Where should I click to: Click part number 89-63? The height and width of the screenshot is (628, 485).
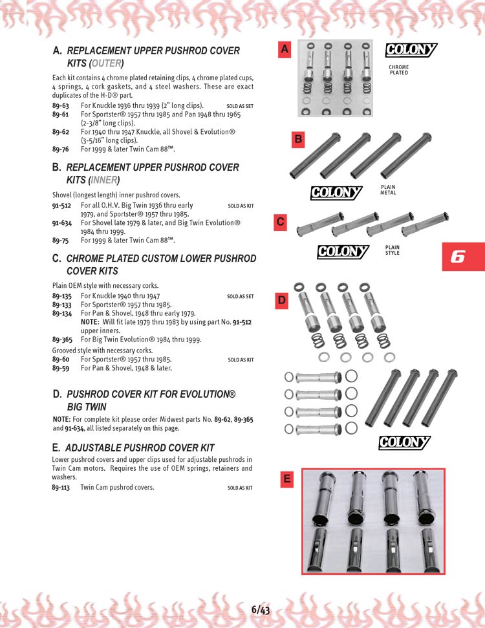click(61, 105)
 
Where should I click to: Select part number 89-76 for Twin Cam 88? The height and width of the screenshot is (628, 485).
click(61, 149)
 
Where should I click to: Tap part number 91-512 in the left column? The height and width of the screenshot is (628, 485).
click(61, 206)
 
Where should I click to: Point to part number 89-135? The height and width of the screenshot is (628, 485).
click(61, 296)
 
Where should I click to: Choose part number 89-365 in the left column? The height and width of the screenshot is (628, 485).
click(62, 339)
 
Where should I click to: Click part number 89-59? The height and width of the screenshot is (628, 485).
click(61, 368)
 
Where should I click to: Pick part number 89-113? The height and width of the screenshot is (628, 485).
click(61, 488)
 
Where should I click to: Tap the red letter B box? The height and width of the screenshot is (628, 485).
click(298, 139)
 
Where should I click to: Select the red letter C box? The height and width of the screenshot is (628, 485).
click(281, 222)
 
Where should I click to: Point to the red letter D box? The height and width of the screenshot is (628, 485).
click(282, 300)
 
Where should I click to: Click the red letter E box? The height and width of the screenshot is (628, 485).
click(287, 479)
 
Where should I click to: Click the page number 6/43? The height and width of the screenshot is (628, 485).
click(261, 610)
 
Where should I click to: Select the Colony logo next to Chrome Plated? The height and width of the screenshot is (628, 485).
click(411, 50)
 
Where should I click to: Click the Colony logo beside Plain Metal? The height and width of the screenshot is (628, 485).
click(336, 192)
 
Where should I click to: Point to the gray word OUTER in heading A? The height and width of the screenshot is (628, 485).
click(107, 63)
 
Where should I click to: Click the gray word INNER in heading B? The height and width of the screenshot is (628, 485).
click(104, 180)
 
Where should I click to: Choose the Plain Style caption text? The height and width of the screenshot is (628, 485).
click(393, 250)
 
